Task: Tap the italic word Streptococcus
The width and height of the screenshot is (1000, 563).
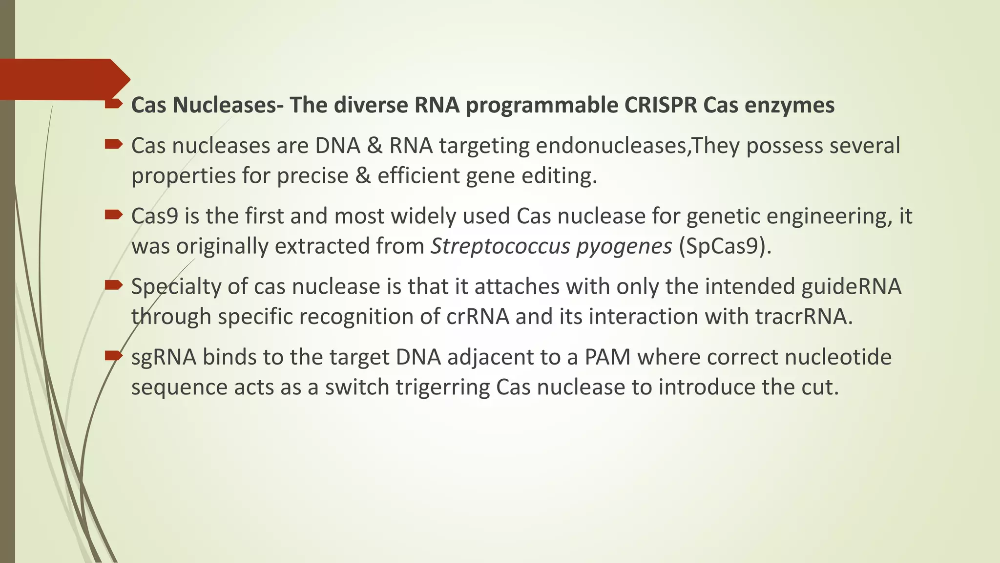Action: click(500, 246)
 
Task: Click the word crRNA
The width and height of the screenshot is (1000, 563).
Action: click(478, 316)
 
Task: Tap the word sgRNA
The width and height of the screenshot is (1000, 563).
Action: click(164, 357)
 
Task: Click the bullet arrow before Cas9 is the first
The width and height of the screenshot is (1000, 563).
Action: click(113, 214)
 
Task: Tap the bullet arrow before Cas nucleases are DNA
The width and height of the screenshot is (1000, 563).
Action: click(113, 144)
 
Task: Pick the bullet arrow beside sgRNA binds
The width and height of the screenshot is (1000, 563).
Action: click(113, 355)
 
